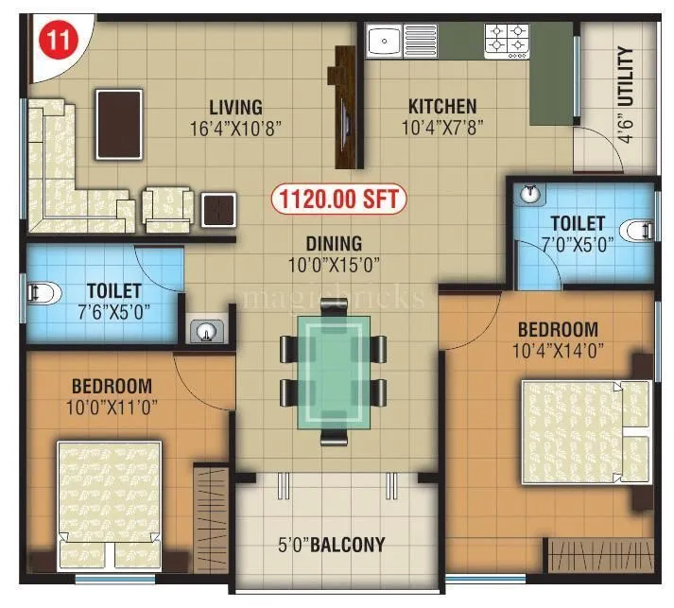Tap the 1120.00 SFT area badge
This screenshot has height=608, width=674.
pos(338,199)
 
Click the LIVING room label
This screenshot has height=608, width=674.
pos(235,107)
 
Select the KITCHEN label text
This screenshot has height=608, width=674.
pos(442,106)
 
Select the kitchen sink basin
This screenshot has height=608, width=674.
pos(385,42)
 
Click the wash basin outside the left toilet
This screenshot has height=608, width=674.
pos(205,331)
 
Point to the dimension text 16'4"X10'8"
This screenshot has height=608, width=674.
pos(229,126)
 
